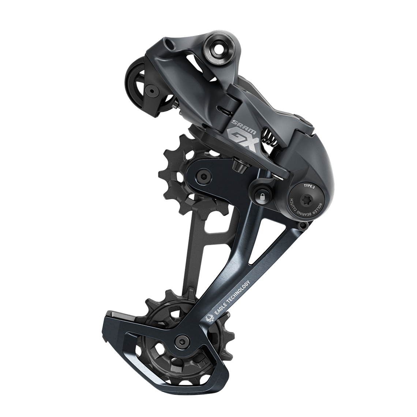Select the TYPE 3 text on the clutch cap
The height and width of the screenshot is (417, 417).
coord(309,187)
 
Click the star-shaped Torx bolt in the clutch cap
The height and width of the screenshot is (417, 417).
coord(306,200)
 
